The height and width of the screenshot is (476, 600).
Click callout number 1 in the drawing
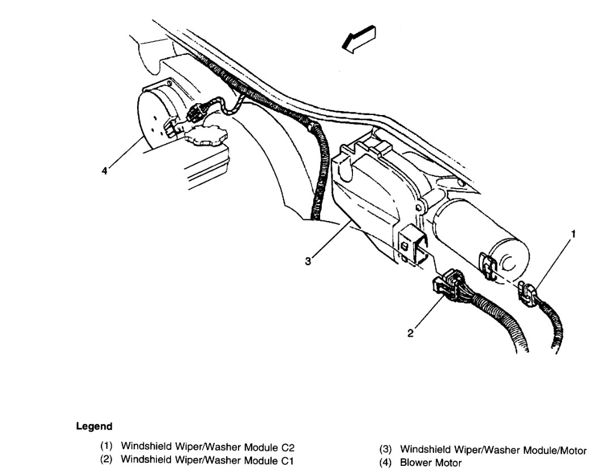574,233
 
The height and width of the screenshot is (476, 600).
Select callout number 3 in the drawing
308,261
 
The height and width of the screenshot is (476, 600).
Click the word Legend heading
93,426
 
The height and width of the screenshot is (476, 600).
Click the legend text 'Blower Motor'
431,463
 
